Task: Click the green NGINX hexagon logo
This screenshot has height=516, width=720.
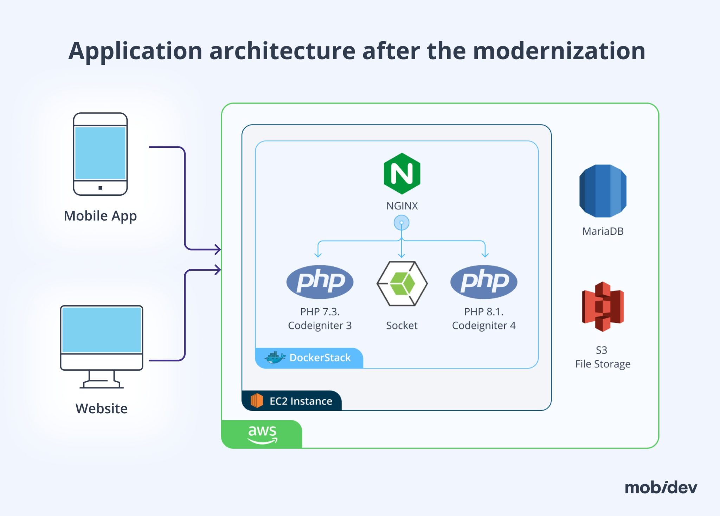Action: click(x=402, y=174)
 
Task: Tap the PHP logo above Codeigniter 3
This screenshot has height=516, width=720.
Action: click(x=320, y=282)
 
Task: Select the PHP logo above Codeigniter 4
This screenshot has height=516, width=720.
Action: click(x=484, y=282)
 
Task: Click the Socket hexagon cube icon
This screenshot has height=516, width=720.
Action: click(x=402, y=283)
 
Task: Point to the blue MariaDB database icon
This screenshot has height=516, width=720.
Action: click(x=603, y=191)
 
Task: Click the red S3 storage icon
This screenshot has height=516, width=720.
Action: click(x=603, y=306)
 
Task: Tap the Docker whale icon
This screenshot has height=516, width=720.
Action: click(x=275, y=358)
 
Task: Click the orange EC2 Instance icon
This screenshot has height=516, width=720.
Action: click(x=257, y=401)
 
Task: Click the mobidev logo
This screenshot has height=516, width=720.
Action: click(x=661, y=487)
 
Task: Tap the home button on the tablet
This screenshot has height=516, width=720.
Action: click(x=100, y=188)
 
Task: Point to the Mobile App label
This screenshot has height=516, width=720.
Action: click(x=100, y=216)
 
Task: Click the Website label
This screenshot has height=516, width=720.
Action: click(x=101, y=409)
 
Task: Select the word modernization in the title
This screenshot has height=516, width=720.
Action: click(x=559, y=51)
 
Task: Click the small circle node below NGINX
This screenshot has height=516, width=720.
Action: click(x=401, y=223)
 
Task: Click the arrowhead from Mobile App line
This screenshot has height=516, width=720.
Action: click(x=218, y=249)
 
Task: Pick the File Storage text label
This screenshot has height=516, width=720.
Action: click(x=603, y=364)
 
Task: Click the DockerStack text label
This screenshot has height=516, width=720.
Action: click(x=320, y=358)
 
